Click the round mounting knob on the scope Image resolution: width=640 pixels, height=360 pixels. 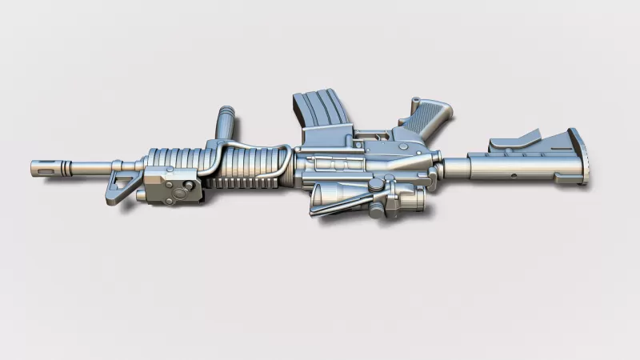pyautogui.click(x=374, y=186)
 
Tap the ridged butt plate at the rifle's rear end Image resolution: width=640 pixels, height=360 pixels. pyautogui.click(x=578, y=157)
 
